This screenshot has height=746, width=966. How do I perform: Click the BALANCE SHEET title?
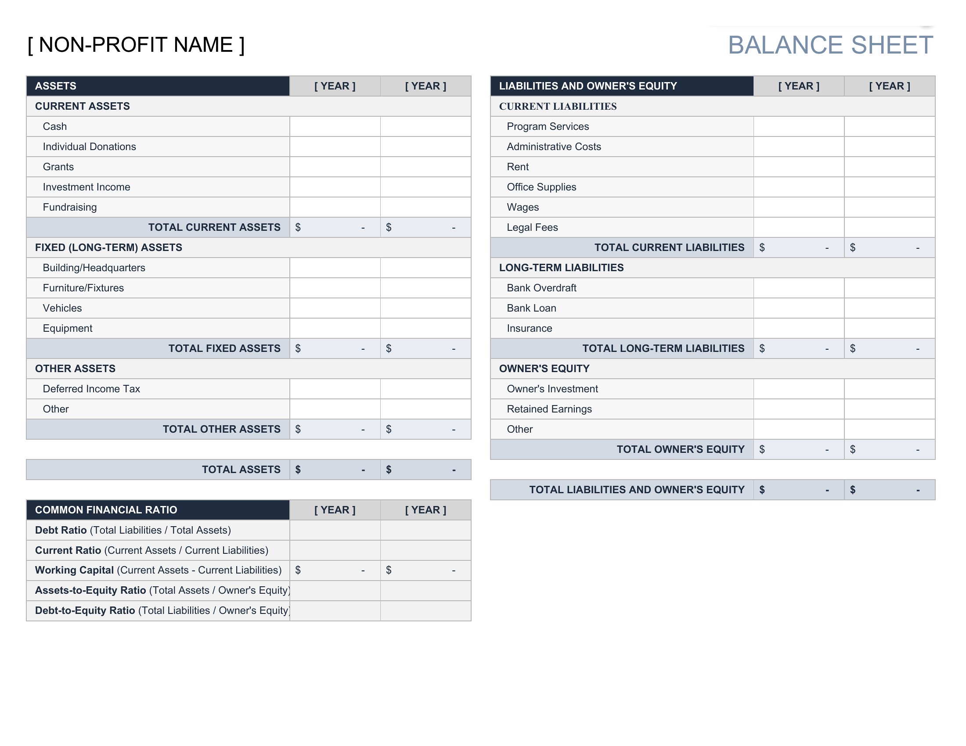tap(830, 45)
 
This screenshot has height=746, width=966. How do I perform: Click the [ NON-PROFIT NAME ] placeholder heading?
tap(136, 45)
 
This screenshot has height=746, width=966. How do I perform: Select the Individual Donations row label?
tap(89, 147)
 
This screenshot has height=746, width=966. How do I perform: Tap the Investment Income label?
tap(86, 187)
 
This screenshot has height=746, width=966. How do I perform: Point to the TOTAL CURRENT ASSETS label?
tap(214, 227)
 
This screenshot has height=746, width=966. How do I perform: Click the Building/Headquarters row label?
tap(94, 268)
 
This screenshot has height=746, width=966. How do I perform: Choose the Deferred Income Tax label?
tap(91, 389)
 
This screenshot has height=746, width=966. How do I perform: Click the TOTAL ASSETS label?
tap(241, 470)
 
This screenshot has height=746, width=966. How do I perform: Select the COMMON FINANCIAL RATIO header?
tap(106, 510)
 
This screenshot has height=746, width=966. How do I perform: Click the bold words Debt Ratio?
tap(61, 531)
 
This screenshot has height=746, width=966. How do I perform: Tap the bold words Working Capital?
tap(74, 570)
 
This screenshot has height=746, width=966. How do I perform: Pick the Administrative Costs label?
tap(554, 147)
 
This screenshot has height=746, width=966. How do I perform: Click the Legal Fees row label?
tap(532, 227)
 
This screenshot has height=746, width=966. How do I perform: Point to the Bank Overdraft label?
tap(541, 288)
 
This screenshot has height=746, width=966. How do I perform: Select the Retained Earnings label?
tap(549, 409)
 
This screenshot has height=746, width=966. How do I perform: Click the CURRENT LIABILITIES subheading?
tap(557, 107)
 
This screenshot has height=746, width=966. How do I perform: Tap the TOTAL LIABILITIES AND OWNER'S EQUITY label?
tap(637, 490)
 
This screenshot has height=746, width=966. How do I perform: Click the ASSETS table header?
tap(56, 86)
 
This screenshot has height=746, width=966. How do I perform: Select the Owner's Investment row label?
tap(552, 389)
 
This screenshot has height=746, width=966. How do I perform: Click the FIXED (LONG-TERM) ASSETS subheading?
tap(108, 247)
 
